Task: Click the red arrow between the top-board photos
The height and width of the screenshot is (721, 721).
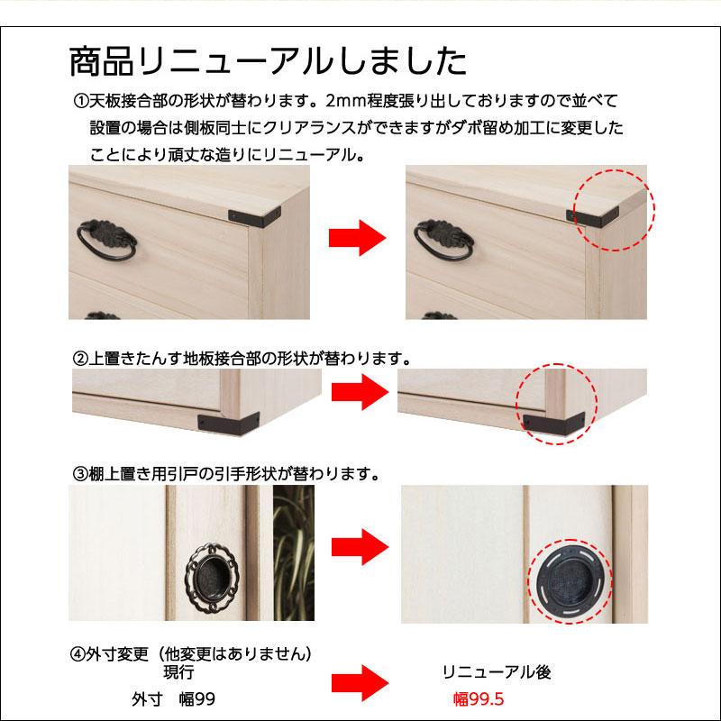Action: click(x=356, y=239)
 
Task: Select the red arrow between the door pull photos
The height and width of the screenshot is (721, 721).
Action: click(x=356, y=549)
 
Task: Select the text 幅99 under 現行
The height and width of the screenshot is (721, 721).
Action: click(x=195, y=698)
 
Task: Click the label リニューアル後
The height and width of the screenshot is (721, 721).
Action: click(x=496, y=672)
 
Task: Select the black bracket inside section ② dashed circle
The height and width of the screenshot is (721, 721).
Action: click(x=546, y=418)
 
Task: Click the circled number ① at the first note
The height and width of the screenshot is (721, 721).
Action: click(x=79, y=101)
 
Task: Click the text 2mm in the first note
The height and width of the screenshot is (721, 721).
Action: click(x=344, y=101)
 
